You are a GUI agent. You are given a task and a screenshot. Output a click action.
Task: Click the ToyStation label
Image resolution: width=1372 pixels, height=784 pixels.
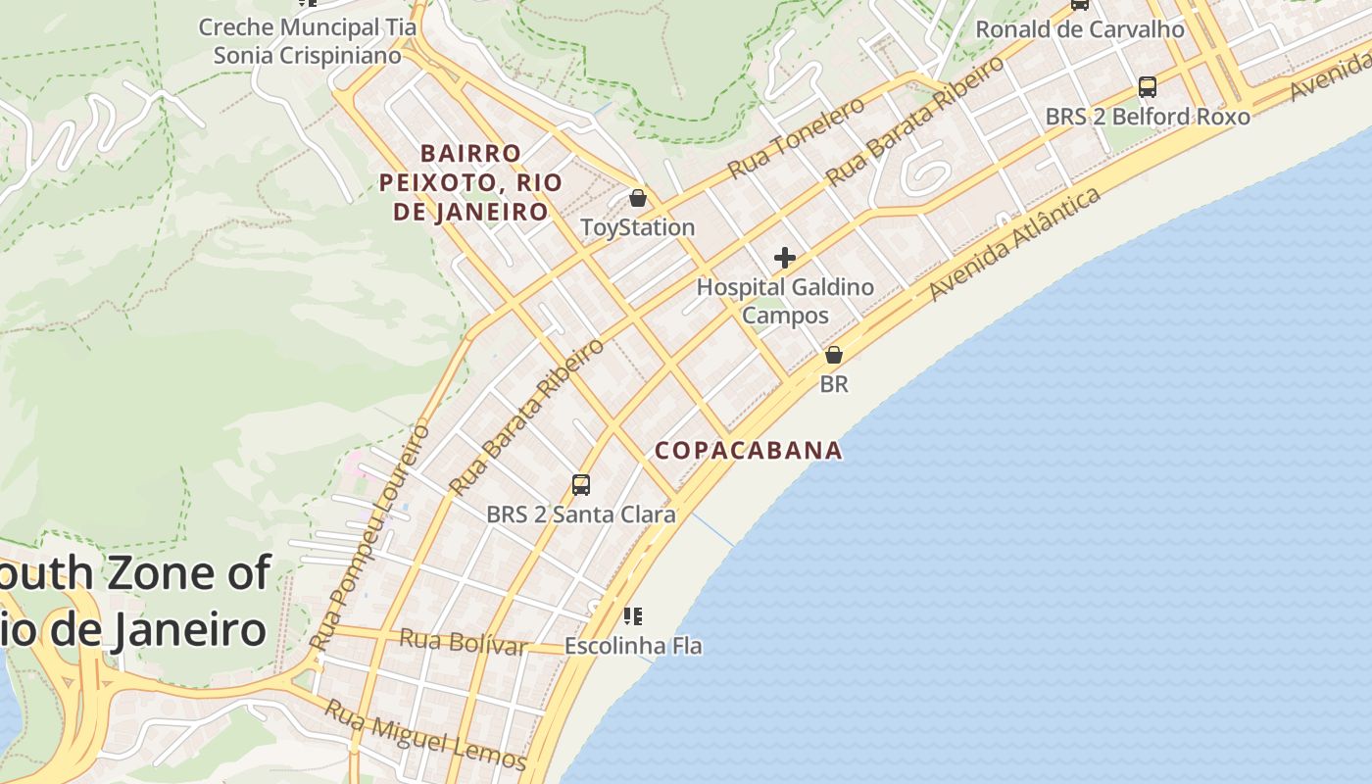637,227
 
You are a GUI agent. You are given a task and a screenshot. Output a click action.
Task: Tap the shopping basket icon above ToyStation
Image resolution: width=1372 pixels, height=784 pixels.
638,199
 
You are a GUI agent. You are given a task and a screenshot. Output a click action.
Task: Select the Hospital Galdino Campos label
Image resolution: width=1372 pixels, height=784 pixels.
784,301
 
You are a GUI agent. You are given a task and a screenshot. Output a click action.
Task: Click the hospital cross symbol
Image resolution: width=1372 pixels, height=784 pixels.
784,258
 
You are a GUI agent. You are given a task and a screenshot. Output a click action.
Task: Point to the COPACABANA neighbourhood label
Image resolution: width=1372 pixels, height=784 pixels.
748,450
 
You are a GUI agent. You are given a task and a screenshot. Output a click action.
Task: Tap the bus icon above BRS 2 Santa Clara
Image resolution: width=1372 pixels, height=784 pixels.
581,485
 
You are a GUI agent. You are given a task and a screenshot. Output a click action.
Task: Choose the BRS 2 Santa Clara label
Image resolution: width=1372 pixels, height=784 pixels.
580,514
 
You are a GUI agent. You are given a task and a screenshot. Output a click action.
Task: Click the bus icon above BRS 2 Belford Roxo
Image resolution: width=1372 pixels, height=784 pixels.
1148,87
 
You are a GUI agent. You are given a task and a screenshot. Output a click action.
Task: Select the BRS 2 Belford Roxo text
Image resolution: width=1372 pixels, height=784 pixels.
1148,117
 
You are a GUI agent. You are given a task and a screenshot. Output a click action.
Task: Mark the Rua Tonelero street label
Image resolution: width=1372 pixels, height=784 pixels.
796,138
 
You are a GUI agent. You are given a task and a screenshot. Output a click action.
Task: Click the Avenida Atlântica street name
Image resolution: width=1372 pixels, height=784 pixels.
1014,244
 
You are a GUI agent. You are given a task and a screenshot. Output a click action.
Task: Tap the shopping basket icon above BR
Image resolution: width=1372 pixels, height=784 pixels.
834,355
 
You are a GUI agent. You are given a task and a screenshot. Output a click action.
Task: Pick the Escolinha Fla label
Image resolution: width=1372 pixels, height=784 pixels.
633,646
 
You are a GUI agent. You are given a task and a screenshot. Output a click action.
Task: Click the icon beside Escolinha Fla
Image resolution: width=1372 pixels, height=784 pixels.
633,616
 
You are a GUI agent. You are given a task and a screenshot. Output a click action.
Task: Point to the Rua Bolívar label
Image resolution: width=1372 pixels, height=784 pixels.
463,642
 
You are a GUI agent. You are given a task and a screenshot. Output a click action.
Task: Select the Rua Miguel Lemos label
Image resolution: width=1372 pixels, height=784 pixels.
425,734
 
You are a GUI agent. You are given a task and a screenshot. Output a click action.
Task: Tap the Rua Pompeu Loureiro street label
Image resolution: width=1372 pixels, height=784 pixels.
369,536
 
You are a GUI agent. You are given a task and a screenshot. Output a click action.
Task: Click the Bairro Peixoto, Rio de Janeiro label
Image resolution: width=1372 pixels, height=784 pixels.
470,182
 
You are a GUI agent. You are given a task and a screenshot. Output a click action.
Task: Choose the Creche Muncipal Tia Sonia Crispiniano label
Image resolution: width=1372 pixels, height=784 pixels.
308,41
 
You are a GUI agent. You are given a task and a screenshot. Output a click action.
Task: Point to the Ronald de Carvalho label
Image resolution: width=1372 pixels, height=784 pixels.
1080,29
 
